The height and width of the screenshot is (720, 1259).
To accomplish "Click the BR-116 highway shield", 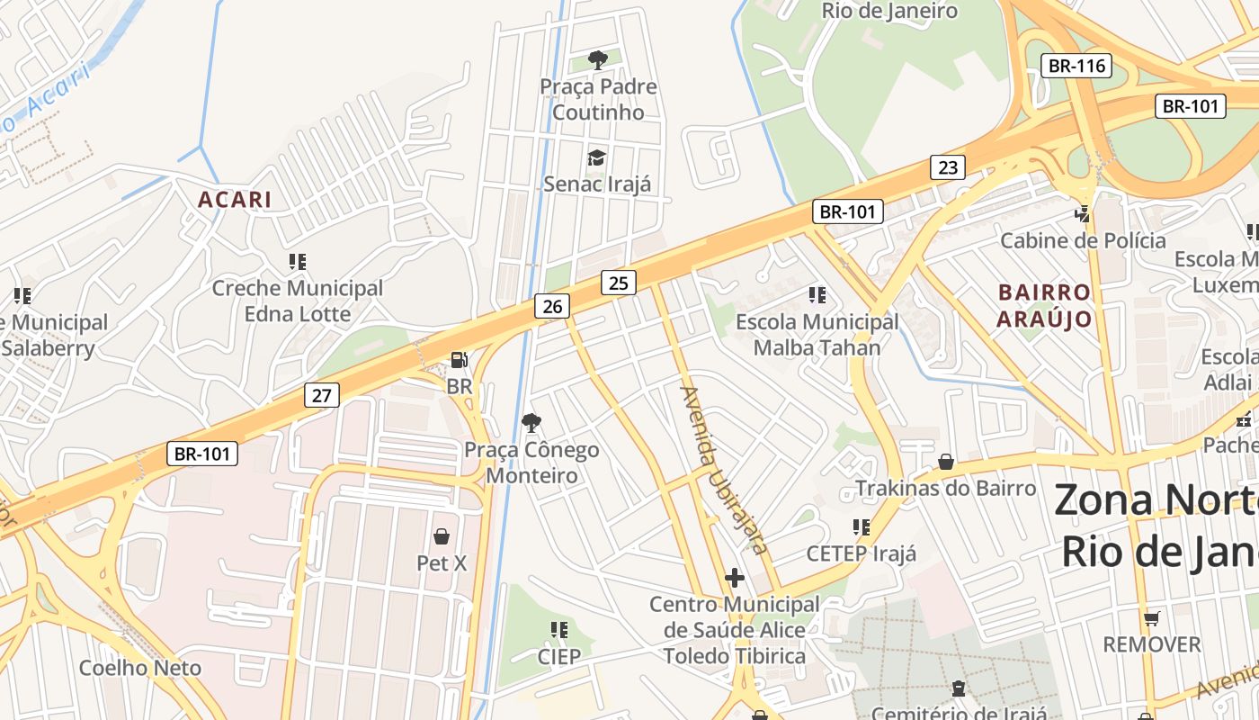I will click(x=1076, y=66).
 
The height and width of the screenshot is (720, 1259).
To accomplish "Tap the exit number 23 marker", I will click(x=948, y=166).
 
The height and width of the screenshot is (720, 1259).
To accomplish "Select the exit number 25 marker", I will click(x=618, y=283).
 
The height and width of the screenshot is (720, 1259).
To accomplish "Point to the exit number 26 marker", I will click(x=552, y=307).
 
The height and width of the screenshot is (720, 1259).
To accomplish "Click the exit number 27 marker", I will click(x=322, y=394).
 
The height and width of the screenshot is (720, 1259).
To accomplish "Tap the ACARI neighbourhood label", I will click(x=234, y=200).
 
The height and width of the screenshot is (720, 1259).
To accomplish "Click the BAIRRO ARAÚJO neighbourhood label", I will click(x=1044, y=305).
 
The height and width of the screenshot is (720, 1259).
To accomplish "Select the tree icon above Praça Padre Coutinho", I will click(x=597, y=60).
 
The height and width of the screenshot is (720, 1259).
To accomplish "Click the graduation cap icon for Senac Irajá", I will click(x=596, y=158).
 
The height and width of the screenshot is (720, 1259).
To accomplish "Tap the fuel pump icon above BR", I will click(x=459, y=360).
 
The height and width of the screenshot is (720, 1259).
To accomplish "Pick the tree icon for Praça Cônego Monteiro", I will click(x=531, y=422).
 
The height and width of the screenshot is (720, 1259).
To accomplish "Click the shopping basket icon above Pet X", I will click(x=442, y=536).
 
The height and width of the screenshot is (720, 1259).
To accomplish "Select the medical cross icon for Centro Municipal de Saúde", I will click(x=735, y=577).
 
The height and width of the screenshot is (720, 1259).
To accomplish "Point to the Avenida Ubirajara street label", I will click(x=724, y=470).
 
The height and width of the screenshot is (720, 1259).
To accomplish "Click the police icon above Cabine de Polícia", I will click(x=1083, y=214).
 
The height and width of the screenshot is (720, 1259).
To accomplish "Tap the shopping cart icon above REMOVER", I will click(x=1151, y=618).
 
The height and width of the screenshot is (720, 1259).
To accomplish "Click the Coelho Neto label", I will click(x=140, y=668).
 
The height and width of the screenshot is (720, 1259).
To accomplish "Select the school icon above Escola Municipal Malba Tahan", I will click(x=817, y=294).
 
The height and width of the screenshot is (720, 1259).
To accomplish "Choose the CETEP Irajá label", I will click(x=862, y=553).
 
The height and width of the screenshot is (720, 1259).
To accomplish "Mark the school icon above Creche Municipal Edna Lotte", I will click(x=297, y=262).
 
